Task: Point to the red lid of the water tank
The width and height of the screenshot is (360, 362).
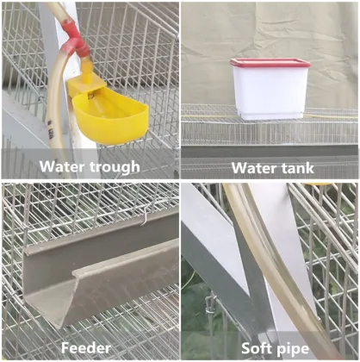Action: [x=270, y=63]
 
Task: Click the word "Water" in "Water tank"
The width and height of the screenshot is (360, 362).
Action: [x=251, y=167]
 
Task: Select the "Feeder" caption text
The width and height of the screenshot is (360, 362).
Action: [x=85, y=347]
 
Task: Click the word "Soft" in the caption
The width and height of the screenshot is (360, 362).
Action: [x=251, y=347]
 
